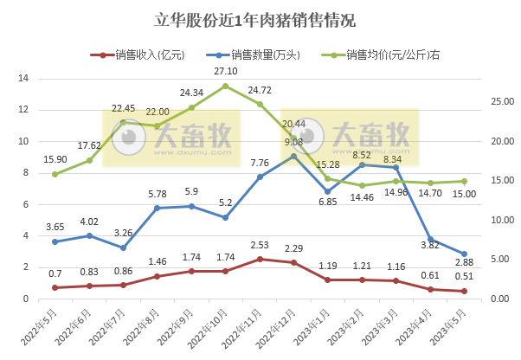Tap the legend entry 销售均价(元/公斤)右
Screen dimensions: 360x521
pos(386,55)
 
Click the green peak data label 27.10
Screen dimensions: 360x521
pos(225,70)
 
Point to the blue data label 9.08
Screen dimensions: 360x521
pos(293,141)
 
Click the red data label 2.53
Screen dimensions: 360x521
pos(260,245)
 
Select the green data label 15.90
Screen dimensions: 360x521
pos(55,159)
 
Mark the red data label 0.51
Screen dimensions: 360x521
pos(465,277)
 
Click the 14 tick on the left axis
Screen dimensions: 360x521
pos(24,79)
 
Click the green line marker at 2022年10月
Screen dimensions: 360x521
pos(225,86)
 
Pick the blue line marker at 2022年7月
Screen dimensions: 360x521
pos(123,247)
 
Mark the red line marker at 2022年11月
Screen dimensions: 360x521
pos(260,259)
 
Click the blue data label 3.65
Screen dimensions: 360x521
pos(55,227)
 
